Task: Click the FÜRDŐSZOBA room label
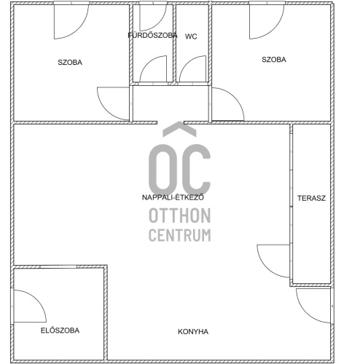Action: click(153, 35)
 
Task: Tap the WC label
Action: click(191, 36)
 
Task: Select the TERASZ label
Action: click(311, 198)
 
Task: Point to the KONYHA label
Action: click(193, 332)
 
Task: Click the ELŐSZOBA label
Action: click(60, 331)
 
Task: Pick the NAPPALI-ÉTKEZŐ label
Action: click(173, 197)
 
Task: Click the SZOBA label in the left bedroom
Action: click(70, 63)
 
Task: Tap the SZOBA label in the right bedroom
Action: click(274, 60)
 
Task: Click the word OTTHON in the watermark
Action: click(180, 215)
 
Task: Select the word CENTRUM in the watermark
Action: click(180, 235)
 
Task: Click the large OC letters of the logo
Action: click(180, 170)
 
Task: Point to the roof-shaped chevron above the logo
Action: click(179, 129)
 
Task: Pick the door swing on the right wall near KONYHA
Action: click(305, 313)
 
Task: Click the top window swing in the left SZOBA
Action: click(79, 29)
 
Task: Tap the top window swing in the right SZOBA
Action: click(274, 29)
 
